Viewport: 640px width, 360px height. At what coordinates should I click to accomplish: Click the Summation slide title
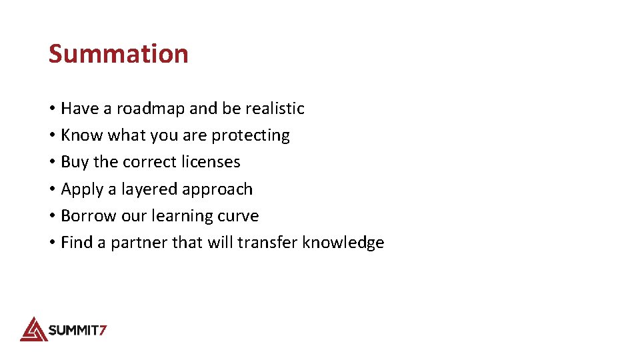(x=118, y=53)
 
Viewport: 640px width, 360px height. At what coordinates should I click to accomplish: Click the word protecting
(x=251, y=135)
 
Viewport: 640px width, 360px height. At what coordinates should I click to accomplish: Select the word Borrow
(x=84, y=216)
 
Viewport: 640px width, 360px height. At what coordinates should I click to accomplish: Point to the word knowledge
(x=343, y=243)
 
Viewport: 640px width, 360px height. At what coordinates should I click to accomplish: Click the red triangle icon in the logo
(x=33, y=329)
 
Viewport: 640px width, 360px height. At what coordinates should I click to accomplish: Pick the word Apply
(x=82, y=189)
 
